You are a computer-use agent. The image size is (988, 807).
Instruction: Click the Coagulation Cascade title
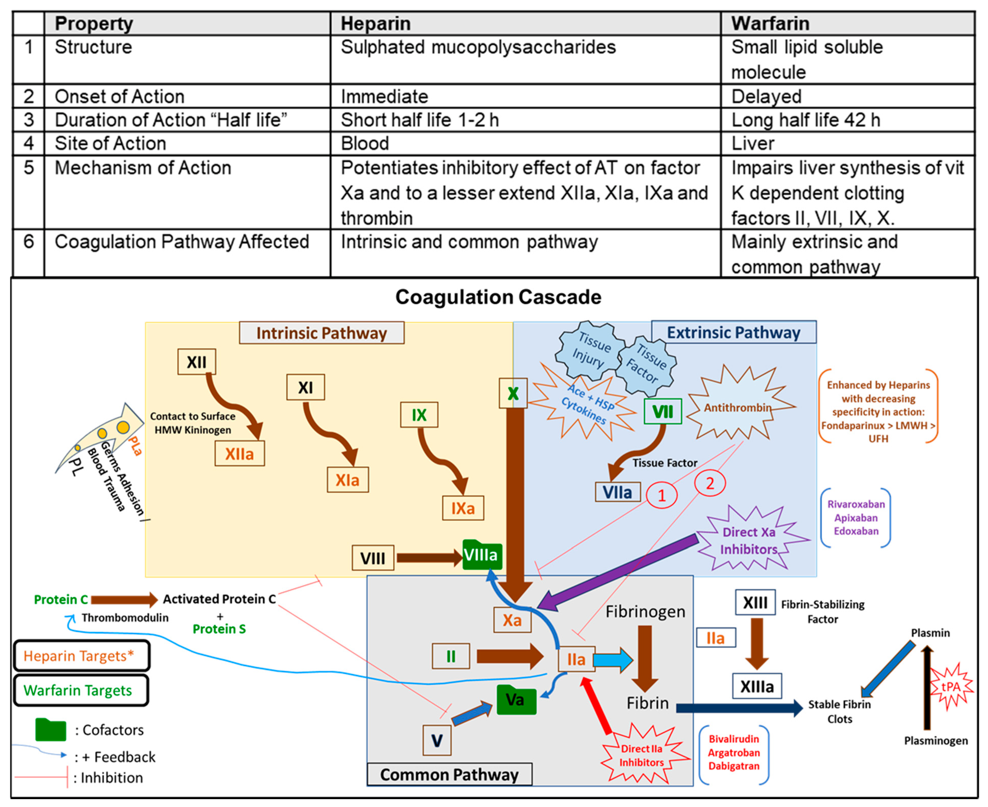coord(498,297)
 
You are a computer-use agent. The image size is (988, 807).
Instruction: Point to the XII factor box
coord(197,362)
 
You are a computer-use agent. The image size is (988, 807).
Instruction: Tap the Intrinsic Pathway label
coord(322,333)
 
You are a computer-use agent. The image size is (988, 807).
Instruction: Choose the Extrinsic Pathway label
coord(733,332)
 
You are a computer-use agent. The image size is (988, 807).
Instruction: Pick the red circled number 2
coord(710,484)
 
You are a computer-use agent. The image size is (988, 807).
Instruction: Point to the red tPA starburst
coord(950,687)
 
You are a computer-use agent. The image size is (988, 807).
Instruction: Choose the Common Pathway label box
coord(449,774)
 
